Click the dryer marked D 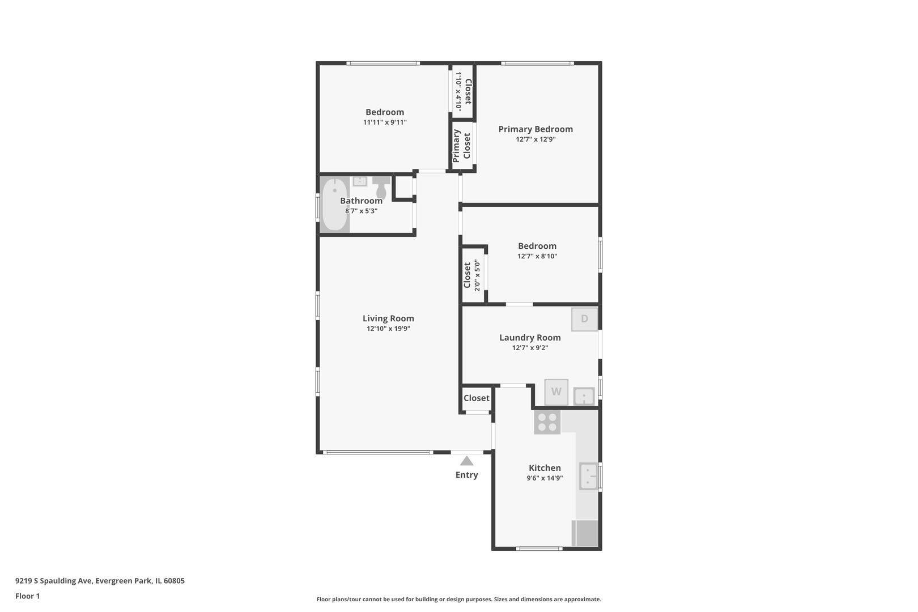(x=584, y=319)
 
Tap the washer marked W (x=556, y=392)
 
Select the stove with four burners (x=547, y=422)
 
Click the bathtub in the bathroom (x=334, y=204)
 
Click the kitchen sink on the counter (x=588, y=476)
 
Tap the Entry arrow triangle (x=466, y=461)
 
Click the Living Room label (x=388, y=318)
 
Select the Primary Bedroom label (x=535, y=129)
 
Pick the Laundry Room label (x=530, y=338)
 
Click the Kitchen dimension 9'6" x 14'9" (x=545, y=478)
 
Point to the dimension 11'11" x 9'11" (x=385, y=122)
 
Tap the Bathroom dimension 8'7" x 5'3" (x=361, y=211)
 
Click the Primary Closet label (x=461, y=146)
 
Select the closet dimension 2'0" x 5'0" (x=477, y=275)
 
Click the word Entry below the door (x=466, y=475)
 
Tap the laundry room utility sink (x=584, y=396)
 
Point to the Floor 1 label (x=28, y=596)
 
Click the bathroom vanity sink (x=360, y=181)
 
